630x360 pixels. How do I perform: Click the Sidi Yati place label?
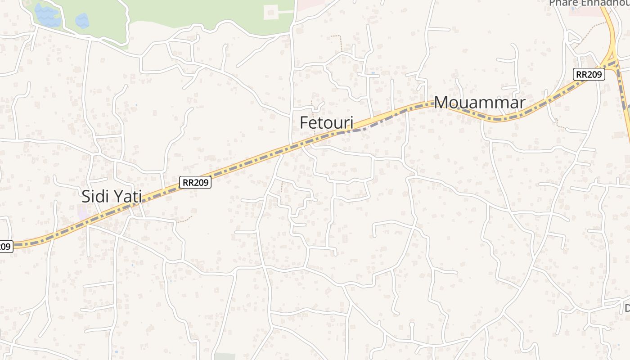click(x=112, y=197)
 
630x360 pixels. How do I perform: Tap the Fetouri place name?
click(x=327, y=123)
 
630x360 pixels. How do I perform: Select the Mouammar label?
click(x=479, y=103)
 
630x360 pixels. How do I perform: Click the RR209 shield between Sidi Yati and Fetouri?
click(x=195, y=182)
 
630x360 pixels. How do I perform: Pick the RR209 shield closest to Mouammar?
click(x=589, y=75)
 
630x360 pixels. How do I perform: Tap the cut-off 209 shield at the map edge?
click(x=5, y=247)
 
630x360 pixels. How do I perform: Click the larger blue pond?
click(x=47, y=15)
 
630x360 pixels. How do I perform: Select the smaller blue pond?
click(x=82, y=20)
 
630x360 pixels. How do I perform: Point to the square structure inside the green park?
click(x=270, y=12)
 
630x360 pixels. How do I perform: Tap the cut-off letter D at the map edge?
click(x=627, y=308)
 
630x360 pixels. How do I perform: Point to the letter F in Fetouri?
click(x=304, y=123)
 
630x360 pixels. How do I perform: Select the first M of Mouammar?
click(x=443, y=103)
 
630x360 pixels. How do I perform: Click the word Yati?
click(x=127, y=197)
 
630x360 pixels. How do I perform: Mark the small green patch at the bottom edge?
click(x=225, y=356)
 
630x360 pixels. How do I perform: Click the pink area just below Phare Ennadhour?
click(x=585, y=12)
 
